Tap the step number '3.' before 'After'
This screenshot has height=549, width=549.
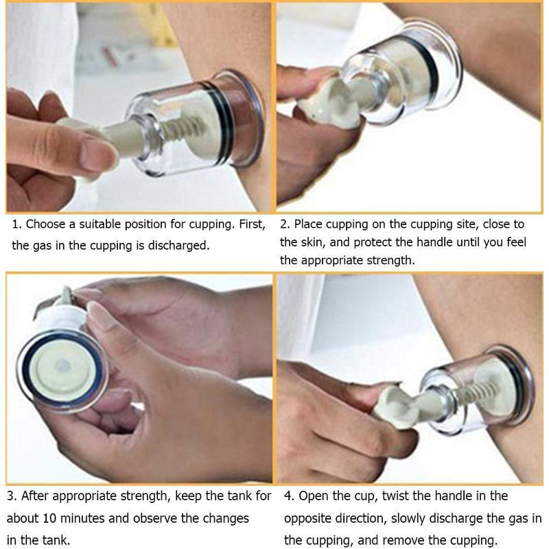(x=12, y=496)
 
